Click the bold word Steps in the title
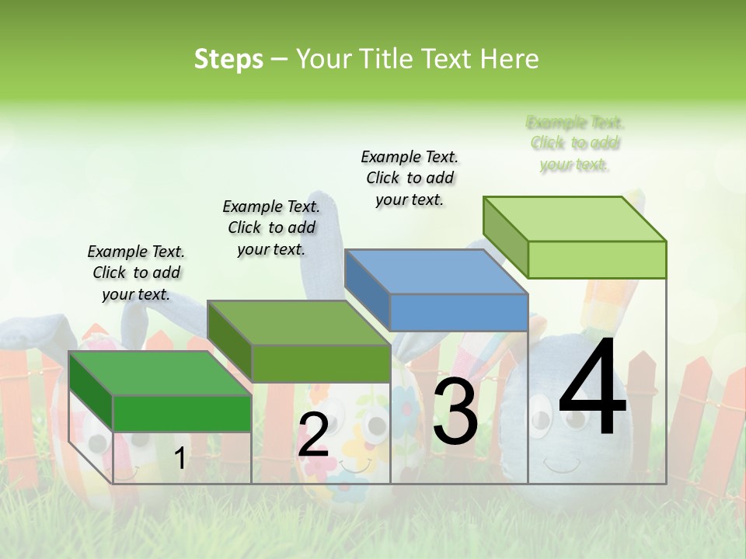click(x=228, y=59)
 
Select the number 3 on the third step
click(x=455, y=412)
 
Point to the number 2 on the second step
click(x=313, y=435)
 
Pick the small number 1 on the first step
click(x=180, y=459)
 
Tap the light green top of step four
click(x=573, y=218)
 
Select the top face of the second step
click(x=298, y=323)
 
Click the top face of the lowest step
click(x=159, y=373)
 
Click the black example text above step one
click(x=136, y=273)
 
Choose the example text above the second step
click(x=271, y=227)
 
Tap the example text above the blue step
click(x=410, y=178)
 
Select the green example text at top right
click(x=575, y=143)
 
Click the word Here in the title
click(x=509, y=59)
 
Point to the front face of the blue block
click(x=458, y=313)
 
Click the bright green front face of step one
click(x=183, y=413)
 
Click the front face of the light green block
click(x=597, y=259)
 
